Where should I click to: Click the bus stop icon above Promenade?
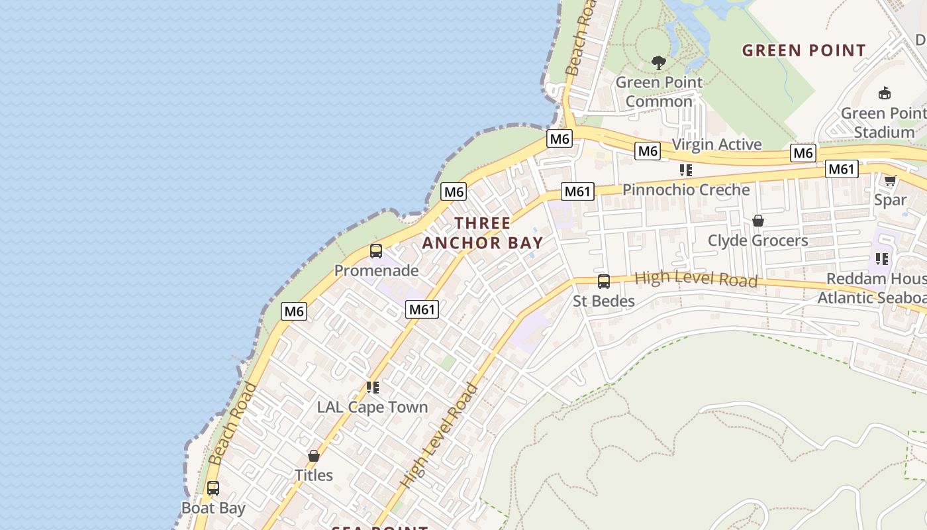tap(376, 251)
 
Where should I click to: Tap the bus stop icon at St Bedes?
tap(604, 282)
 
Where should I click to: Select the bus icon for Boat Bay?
tap(213, 488)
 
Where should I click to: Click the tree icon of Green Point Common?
tap(658, 63)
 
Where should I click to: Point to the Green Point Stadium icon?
tap(884, 93)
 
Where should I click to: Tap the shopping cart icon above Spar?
tap(891, 180)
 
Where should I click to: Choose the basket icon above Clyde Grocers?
tap(758, 221)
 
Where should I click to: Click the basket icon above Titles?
tap(314, 456)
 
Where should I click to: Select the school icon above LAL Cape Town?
tap(373, 388)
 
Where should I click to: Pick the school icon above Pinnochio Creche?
tap(686, 170)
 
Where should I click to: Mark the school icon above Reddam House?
tap(881, 258)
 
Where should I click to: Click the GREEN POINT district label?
tap(804, 50)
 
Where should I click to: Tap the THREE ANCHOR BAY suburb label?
tap(483, 233)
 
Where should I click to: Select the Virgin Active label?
tap(716, 144)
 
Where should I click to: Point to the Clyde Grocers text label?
tap(758, 240)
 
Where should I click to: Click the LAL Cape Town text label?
tap(373, 407)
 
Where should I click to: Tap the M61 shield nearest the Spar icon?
tap(842, 170)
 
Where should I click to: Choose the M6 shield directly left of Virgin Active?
tap(648, 151)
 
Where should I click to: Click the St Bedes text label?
tap(604, 301)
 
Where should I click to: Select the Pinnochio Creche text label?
tap(686, 189)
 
